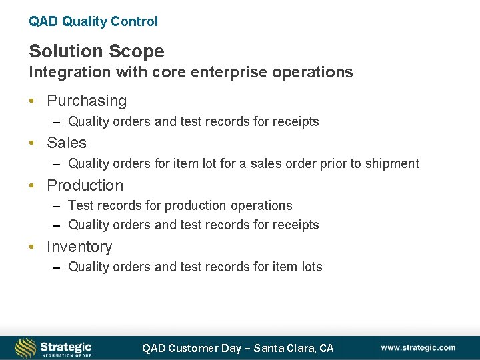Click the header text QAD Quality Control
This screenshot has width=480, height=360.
(93, 21)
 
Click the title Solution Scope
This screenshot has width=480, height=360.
(96, 51)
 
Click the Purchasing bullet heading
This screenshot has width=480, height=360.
(87, 101)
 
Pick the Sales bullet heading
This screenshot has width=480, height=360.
(67, 143)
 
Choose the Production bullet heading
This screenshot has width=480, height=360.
(85, 185)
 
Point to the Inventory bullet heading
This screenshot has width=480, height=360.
(79, 247)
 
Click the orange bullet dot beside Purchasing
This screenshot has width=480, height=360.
(32, 101)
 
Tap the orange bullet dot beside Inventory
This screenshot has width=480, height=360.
(32, 247)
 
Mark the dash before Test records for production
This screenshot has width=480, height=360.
(57, 206)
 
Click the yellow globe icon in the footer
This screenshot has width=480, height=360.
(25, 348)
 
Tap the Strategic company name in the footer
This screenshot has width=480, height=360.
(66, 346)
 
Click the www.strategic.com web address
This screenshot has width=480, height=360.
(418, 347)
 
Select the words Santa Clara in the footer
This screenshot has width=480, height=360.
(285, 348)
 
